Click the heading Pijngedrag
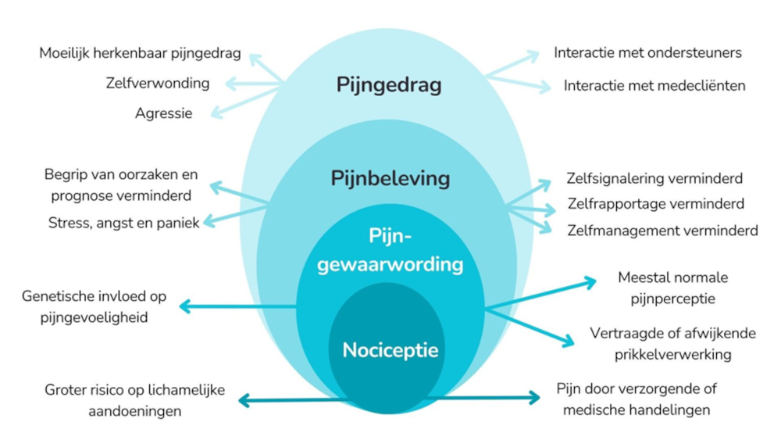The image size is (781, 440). [389, 84]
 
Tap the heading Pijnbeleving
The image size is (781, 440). [390, 178]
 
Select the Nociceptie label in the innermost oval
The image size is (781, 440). [390, 349]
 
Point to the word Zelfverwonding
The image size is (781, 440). [158, 83]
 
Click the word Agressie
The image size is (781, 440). [163, 113]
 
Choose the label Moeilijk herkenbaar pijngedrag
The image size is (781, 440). [140, 53]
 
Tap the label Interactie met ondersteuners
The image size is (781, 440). [647, 53]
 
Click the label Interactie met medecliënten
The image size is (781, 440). [654, 85]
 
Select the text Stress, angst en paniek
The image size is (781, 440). [124, 222]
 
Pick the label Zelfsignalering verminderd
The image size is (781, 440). [654, 178]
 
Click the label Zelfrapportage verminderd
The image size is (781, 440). [655, 204]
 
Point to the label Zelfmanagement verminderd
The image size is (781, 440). [662, 231]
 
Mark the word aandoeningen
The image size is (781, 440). [134, 410]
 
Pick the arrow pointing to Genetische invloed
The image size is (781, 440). [234, 306]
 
